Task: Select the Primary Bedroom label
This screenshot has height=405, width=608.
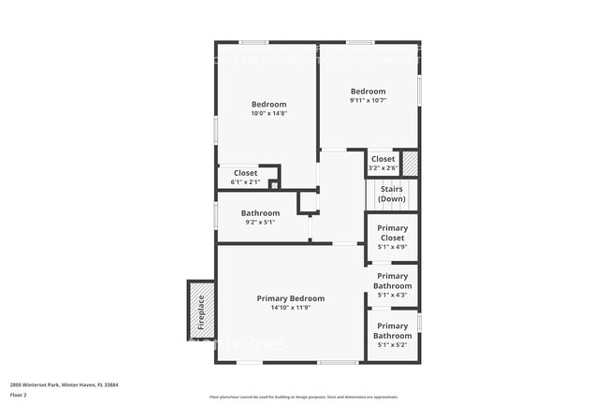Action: click(x=290, y=298)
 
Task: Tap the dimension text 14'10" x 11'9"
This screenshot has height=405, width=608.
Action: click(x=290, y=308)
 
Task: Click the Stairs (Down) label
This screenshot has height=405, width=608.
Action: click(x=392, y=194)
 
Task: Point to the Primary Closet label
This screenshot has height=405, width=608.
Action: click(x=392, y=233)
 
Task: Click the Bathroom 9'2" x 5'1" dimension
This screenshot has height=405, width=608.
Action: click(x=260, y=223)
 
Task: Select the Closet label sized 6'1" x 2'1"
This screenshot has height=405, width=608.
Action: click(x=245, y=173)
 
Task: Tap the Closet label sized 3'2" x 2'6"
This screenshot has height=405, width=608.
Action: click(x=383, y=159)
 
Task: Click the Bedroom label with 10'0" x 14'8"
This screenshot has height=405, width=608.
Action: click(x=268, y=104)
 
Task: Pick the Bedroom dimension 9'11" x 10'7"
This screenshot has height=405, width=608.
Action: click(x=369, y=100)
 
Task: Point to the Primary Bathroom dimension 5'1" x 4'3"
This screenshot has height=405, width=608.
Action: click(x=392, y=296)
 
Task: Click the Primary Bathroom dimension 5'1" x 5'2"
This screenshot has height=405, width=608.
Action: click(x=392, y=345)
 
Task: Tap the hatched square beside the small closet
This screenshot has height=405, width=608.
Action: click(x=409, y=163)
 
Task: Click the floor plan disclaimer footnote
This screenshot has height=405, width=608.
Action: click(x=303, y=397)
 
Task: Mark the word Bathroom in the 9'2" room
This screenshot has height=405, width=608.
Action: click(x=260, y=213)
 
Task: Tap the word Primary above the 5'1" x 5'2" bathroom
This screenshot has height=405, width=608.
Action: click(x=392, y=325)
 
